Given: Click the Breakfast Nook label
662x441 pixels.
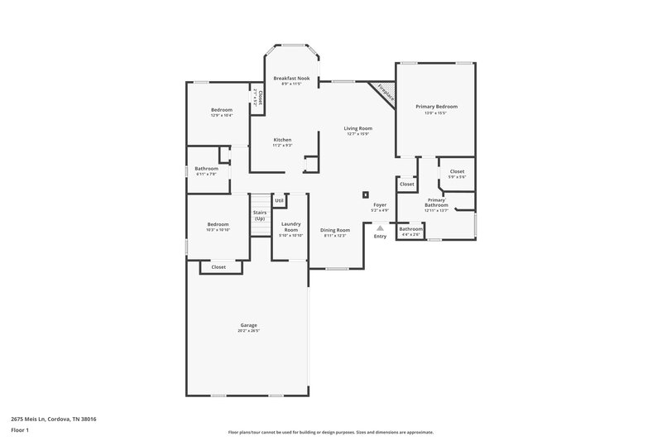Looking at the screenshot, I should tap(291, 78).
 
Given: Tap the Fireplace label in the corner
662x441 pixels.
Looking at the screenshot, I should tap(385, 93).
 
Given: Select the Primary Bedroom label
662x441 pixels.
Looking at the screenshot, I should tap(435, 107).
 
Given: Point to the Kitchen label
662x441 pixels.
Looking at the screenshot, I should tap(282, 140).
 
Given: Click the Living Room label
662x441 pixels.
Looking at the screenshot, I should tap(358, 128).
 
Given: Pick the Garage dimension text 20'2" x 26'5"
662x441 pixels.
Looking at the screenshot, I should tap(248, 331).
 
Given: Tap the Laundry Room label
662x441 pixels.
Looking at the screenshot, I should tap(290, 226).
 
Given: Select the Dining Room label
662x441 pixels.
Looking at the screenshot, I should tap(335, 229).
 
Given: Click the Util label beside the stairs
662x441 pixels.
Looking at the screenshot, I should tap(279, 200).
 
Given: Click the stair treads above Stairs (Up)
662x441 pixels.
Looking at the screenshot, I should tap(261, 202).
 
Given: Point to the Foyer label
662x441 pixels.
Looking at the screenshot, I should tap(380, 204).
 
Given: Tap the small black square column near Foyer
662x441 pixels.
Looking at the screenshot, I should tap(365, 195).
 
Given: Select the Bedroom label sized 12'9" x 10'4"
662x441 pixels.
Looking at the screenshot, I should tap(221, 110).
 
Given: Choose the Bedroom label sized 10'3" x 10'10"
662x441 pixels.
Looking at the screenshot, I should tap(218, 224).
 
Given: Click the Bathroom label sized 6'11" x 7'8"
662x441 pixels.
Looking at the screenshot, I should tap(207, 168).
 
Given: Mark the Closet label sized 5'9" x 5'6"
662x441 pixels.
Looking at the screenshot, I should tap(457, 171).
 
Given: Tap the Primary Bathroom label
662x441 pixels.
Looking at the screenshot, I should tap(436, 202).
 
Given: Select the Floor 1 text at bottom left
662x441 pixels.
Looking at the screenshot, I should tap(19, 430).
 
